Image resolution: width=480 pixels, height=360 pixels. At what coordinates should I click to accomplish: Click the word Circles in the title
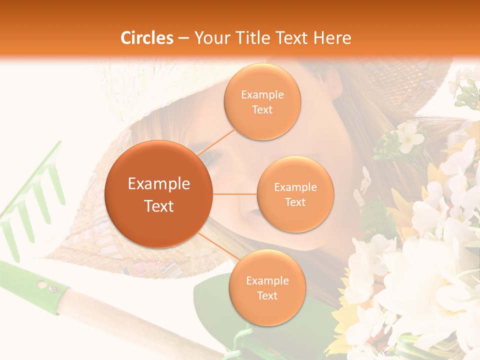click(147, 38)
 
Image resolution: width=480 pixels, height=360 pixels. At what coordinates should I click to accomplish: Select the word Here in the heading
click(332, 38)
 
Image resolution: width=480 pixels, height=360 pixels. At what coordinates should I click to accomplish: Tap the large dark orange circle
click(159, 194)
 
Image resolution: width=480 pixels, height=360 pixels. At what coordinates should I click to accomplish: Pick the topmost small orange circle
click(262, 101)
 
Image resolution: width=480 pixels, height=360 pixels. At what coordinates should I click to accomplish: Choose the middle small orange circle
click(295, 194)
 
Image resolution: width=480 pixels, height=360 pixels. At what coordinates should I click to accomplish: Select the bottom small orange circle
click(267, 287)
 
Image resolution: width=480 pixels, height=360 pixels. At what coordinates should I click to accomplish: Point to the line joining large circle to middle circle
click(235, 194)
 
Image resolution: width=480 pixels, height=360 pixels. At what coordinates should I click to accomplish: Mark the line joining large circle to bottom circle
click(215, 242)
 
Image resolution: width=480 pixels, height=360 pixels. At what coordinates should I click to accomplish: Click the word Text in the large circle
click(159, 206)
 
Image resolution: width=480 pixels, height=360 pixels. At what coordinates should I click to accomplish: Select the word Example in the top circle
click(262, 94)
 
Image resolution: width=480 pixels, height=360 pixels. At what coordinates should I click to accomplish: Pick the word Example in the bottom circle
click(267, 280)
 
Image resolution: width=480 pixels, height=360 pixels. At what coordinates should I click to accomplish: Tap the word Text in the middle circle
click(295, 202)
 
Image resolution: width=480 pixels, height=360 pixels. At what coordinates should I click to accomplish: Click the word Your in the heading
click(209, 38)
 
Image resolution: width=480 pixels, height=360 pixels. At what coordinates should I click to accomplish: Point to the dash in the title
click(183, 38)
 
